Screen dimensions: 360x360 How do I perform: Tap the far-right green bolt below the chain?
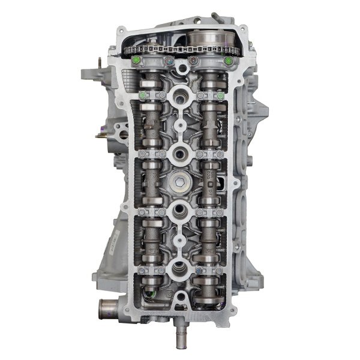coord(228,60)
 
